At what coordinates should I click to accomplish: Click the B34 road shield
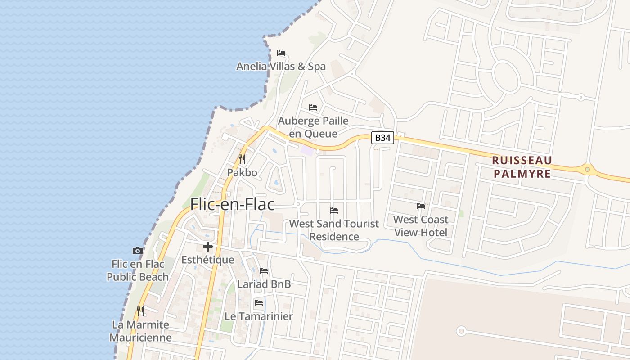click(x=382, y=138)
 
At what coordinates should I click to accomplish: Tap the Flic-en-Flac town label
click(x=232, y=204)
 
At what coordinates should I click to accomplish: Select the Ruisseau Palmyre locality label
click(x=522, y=167)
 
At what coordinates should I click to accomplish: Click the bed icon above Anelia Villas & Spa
click(x=281, y=53)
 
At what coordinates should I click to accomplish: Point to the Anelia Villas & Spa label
click(x=281, y=67)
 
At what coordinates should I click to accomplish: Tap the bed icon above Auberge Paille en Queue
click(x=313, y=108)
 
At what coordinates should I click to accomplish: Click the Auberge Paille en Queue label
click(x=313, y=127)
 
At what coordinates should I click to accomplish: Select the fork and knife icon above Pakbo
click(x=242, y=159)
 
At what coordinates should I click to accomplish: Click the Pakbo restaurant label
click(x=242, y=172)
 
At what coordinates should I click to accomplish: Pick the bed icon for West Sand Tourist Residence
click(x=334, y=210)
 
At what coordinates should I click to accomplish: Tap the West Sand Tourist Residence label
click(x=334, y=230)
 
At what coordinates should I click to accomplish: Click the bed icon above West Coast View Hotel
click(x=421, y=206)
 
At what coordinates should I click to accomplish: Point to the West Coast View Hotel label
click(x=421, y=226)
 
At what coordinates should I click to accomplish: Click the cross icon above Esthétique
click(x=208, y=246)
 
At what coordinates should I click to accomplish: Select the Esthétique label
click(x=208, y=260)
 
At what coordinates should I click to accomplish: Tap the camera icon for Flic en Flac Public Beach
click(x=138, y=251)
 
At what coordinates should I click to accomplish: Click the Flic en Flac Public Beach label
click(x=138, y=270)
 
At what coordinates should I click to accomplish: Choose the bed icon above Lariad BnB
click(x=264, y=271)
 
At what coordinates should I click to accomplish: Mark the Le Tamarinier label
click(x=259, y=316)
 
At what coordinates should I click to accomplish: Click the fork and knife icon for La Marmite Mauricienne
click(x=140, y=311)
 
